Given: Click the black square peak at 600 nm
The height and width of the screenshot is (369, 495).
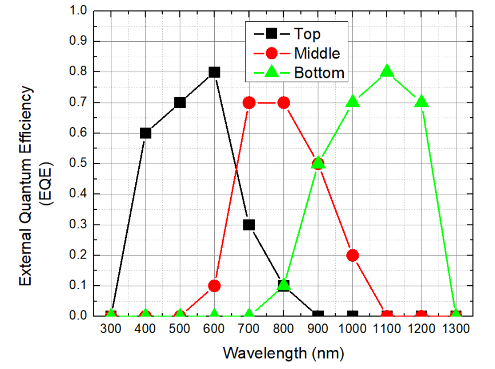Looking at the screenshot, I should tap(214, 72).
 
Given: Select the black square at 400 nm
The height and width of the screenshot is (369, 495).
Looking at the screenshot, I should tap(145, 133).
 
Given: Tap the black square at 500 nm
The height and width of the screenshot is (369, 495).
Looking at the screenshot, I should tap(180, 103).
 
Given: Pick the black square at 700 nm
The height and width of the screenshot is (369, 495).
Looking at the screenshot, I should tap(249, 225).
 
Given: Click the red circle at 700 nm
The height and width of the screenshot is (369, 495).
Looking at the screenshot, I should tap(249, 103).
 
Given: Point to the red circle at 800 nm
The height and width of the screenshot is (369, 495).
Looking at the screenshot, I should tap(283, 103).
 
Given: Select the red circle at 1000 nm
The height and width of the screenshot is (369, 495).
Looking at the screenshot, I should tap(353, 255).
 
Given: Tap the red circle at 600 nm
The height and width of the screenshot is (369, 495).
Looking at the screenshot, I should tap(214, 286).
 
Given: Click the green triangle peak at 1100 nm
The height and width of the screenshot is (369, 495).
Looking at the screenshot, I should tap(387, 71).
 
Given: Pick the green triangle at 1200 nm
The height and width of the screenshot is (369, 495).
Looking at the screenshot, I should tap(422, 102).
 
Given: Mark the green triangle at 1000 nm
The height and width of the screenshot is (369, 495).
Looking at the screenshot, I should tap(353, 102).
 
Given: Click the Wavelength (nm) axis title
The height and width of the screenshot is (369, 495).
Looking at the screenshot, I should tap(283, 353).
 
